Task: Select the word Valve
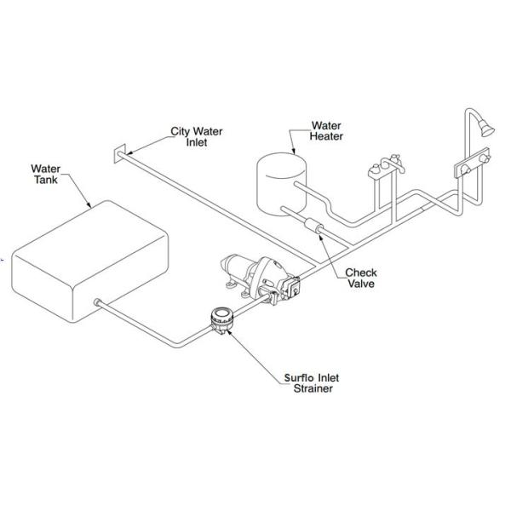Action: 361,284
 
